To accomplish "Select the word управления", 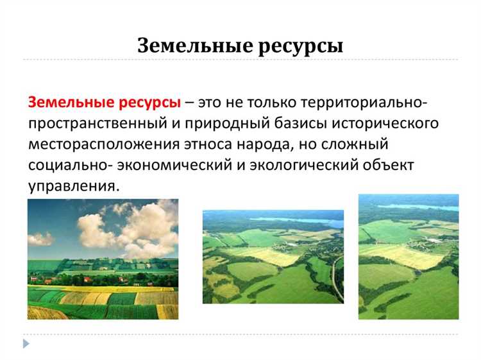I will (x=74, y=186).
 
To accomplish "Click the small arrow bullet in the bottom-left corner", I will (x=26, y=344).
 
